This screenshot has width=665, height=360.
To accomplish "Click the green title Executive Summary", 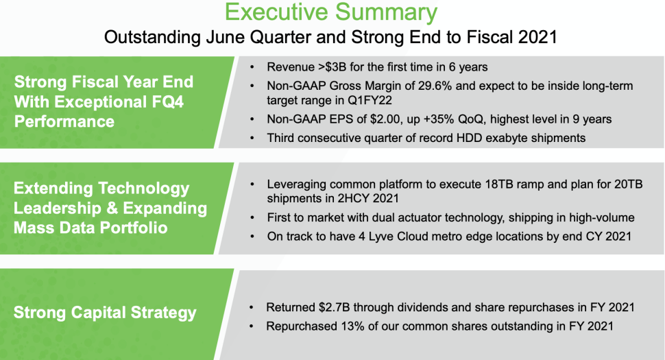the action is point(331,12).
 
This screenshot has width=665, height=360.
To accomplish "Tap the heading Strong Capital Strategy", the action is point(105,313).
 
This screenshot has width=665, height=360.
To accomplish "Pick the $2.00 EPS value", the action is point(385,119).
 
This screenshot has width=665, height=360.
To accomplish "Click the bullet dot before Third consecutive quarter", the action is point(252,139).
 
